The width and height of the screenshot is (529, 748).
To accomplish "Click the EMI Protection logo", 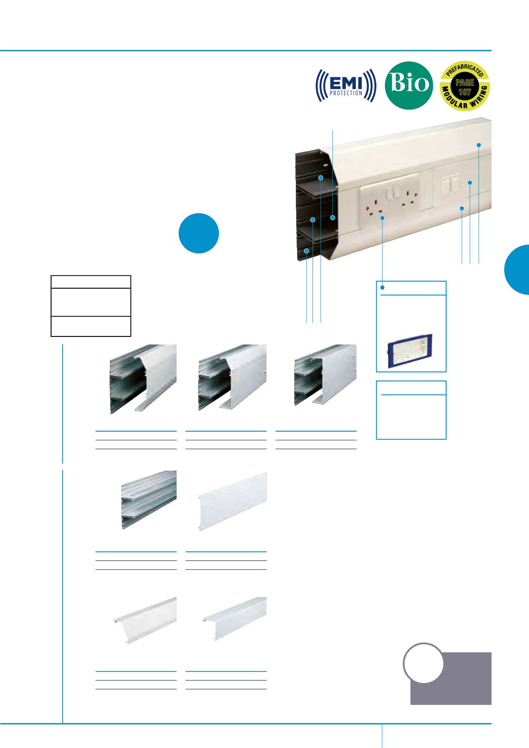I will [x=345, y=85].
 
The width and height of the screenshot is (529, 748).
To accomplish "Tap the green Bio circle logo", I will [x=409, y=85].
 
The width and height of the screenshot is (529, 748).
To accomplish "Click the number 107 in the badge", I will [x=465, y=92].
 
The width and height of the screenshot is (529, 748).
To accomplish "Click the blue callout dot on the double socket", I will [x=383, y=218].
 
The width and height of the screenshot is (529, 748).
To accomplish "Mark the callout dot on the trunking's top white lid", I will [x=479, y=145].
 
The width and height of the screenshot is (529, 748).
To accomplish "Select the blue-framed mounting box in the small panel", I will [x=409, y=351].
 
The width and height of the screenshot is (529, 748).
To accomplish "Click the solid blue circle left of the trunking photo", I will [x=199, y=233].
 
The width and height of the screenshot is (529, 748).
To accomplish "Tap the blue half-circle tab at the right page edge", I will [x=518, y=269].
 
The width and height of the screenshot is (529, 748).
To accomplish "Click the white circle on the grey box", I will [x=423, y=663].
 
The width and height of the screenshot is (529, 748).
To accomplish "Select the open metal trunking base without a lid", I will [x=149, y=499].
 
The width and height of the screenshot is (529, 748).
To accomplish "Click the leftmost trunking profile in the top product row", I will [x=143, y=379].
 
